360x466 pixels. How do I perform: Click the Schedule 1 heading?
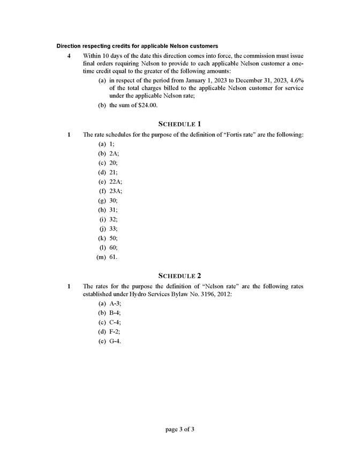pyautogui.click(x=180, y=124)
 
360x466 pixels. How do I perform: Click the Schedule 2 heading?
pyautogui.click(x=180, y=276)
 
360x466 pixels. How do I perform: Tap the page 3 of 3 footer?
pyautogui.click(x=180, y=429)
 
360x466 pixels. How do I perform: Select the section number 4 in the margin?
pyautogui.click(x=68, y=55)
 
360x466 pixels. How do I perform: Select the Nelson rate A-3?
pyautogui.click(x=114, y=304)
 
